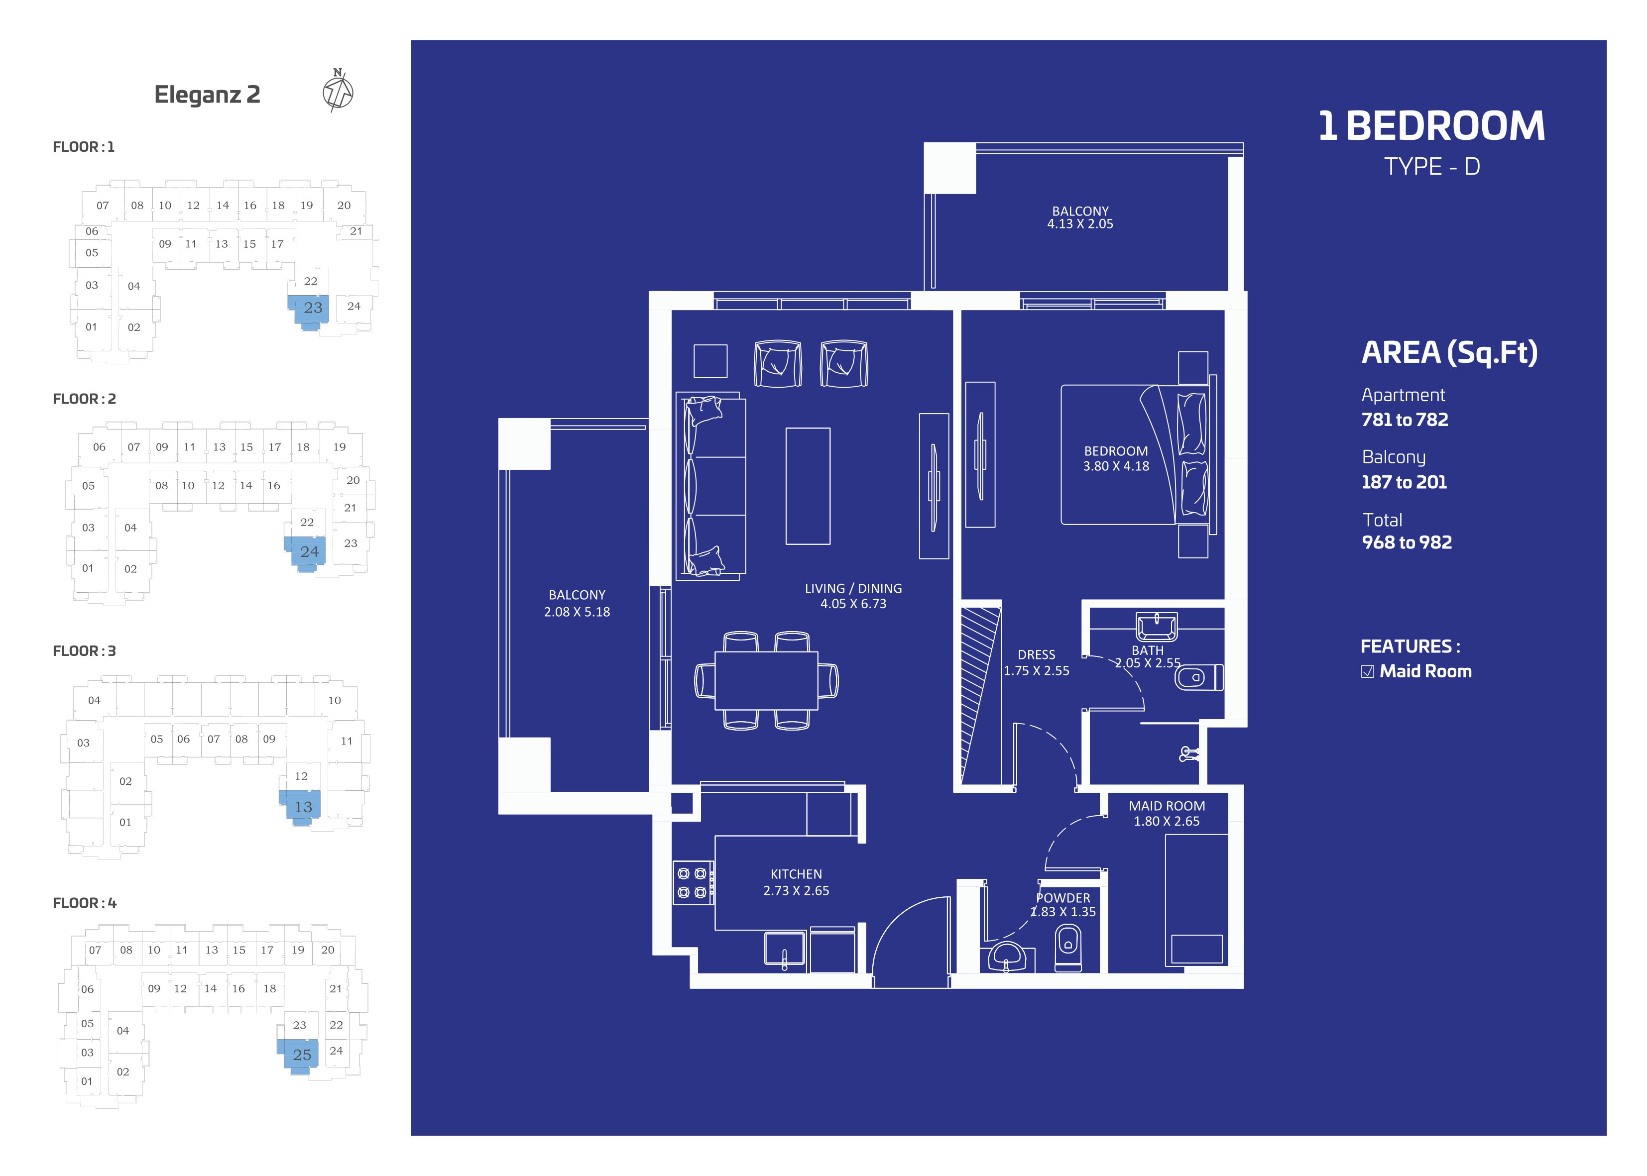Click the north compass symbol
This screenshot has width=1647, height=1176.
click(338, 91)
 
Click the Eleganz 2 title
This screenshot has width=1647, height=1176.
click(207, 95)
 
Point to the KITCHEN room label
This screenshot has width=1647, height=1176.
click(796, 874)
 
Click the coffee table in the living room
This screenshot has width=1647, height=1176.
click(808, 486)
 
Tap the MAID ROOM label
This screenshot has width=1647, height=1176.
click(1167, 806)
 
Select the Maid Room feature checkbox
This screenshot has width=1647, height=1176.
click(1367, 671)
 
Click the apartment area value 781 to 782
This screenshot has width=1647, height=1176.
click(1405, 420)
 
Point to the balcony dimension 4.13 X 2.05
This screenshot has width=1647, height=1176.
click(1080, 224)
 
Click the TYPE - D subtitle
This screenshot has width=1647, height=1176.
click(1432, 167)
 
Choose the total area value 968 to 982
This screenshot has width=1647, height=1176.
click(1407, 542)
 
